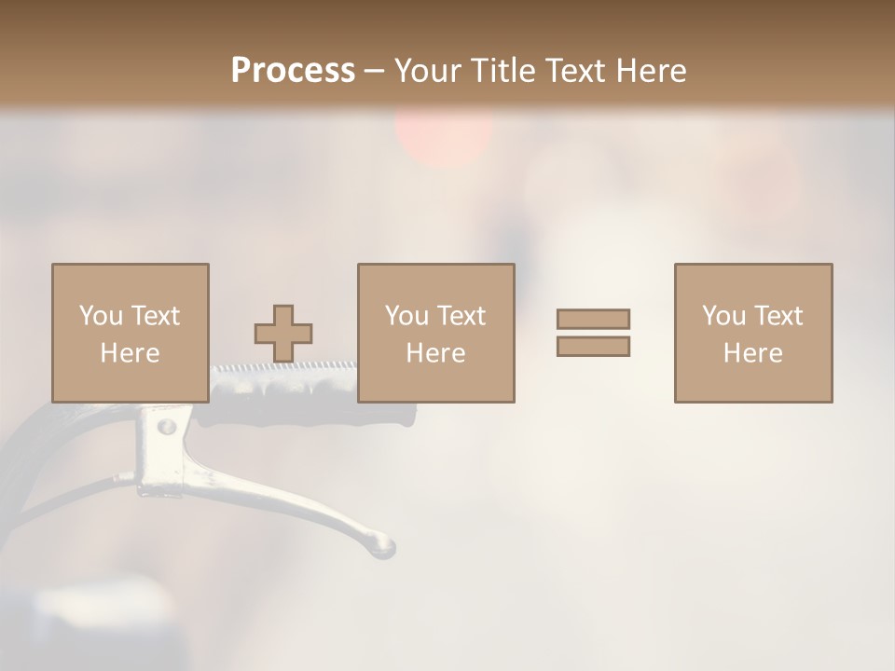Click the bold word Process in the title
pos(293,70)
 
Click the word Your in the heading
pos(425,70)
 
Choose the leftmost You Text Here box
pos(130,333)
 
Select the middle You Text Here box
pos(435,333)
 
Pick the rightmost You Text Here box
pos(752,333)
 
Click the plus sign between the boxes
pos(283,333)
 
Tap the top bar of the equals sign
pos(593,319)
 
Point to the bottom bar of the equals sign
pos(593,347)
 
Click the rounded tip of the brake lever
pos(381,546)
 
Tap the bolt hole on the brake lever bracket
pos(166,427)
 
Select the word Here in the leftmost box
pos(130,353)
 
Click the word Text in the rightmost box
pos(778,316)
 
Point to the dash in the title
pos(374,70)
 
